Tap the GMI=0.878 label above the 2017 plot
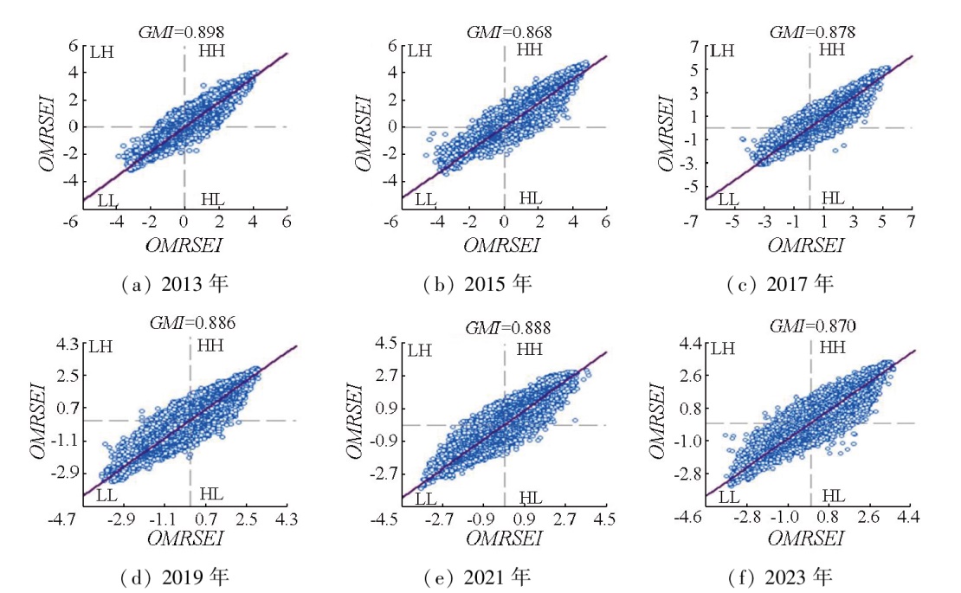812,32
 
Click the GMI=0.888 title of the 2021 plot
507,328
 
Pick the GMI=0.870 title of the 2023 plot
812,328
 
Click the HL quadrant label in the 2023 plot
833,495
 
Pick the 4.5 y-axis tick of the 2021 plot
387,344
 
